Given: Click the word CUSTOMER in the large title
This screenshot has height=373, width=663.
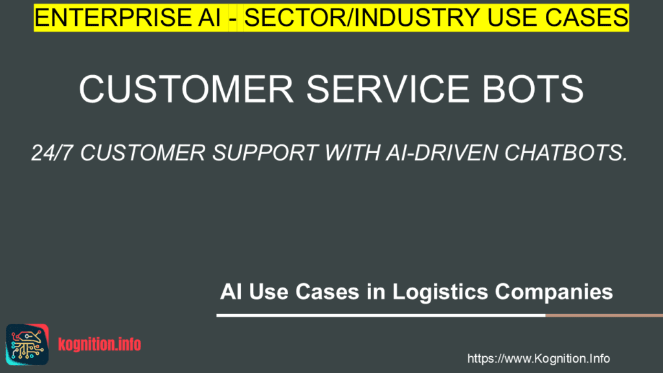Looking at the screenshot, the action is tap(186, 89).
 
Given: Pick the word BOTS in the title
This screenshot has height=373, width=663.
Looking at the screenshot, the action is tap(533, 89).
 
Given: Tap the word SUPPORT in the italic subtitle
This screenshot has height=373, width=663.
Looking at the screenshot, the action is tap(265, 153).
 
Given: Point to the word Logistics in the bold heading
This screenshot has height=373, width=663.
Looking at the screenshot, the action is tap(440, 292).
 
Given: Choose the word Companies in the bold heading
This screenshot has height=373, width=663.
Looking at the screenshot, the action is tap(554, 292).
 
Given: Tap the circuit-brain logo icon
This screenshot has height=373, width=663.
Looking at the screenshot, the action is tap(27, 345).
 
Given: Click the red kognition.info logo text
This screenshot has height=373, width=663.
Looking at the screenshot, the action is tap(100, 345).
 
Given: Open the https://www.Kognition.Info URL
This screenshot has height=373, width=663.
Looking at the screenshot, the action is tap(538, 359).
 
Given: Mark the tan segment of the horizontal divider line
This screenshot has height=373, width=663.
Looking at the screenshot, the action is tap(604, 315).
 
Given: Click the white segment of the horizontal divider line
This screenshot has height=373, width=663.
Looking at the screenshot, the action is tap(381, 315).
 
